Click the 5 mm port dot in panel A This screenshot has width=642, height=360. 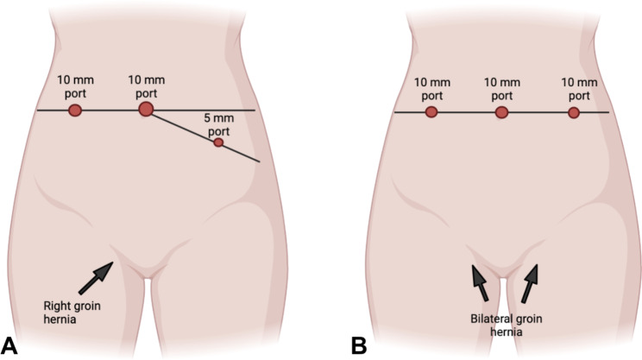218,142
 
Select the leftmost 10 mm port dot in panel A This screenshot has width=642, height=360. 75,110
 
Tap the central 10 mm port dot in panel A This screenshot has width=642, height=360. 146,109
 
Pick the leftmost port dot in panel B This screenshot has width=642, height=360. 431,112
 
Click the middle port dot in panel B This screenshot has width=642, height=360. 501,112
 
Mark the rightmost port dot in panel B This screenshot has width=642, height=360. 573,112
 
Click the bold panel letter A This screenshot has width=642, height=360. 12,345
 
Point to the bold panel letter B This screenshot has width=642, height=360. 359,345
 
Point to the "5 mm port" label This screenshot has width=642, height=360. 218,124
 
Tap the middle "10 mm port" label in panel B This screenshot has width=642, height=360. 501,89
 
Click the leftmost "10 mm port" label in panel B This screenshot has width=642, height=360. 431,89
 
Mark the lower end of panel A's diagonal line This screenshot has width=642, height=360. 259,161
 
